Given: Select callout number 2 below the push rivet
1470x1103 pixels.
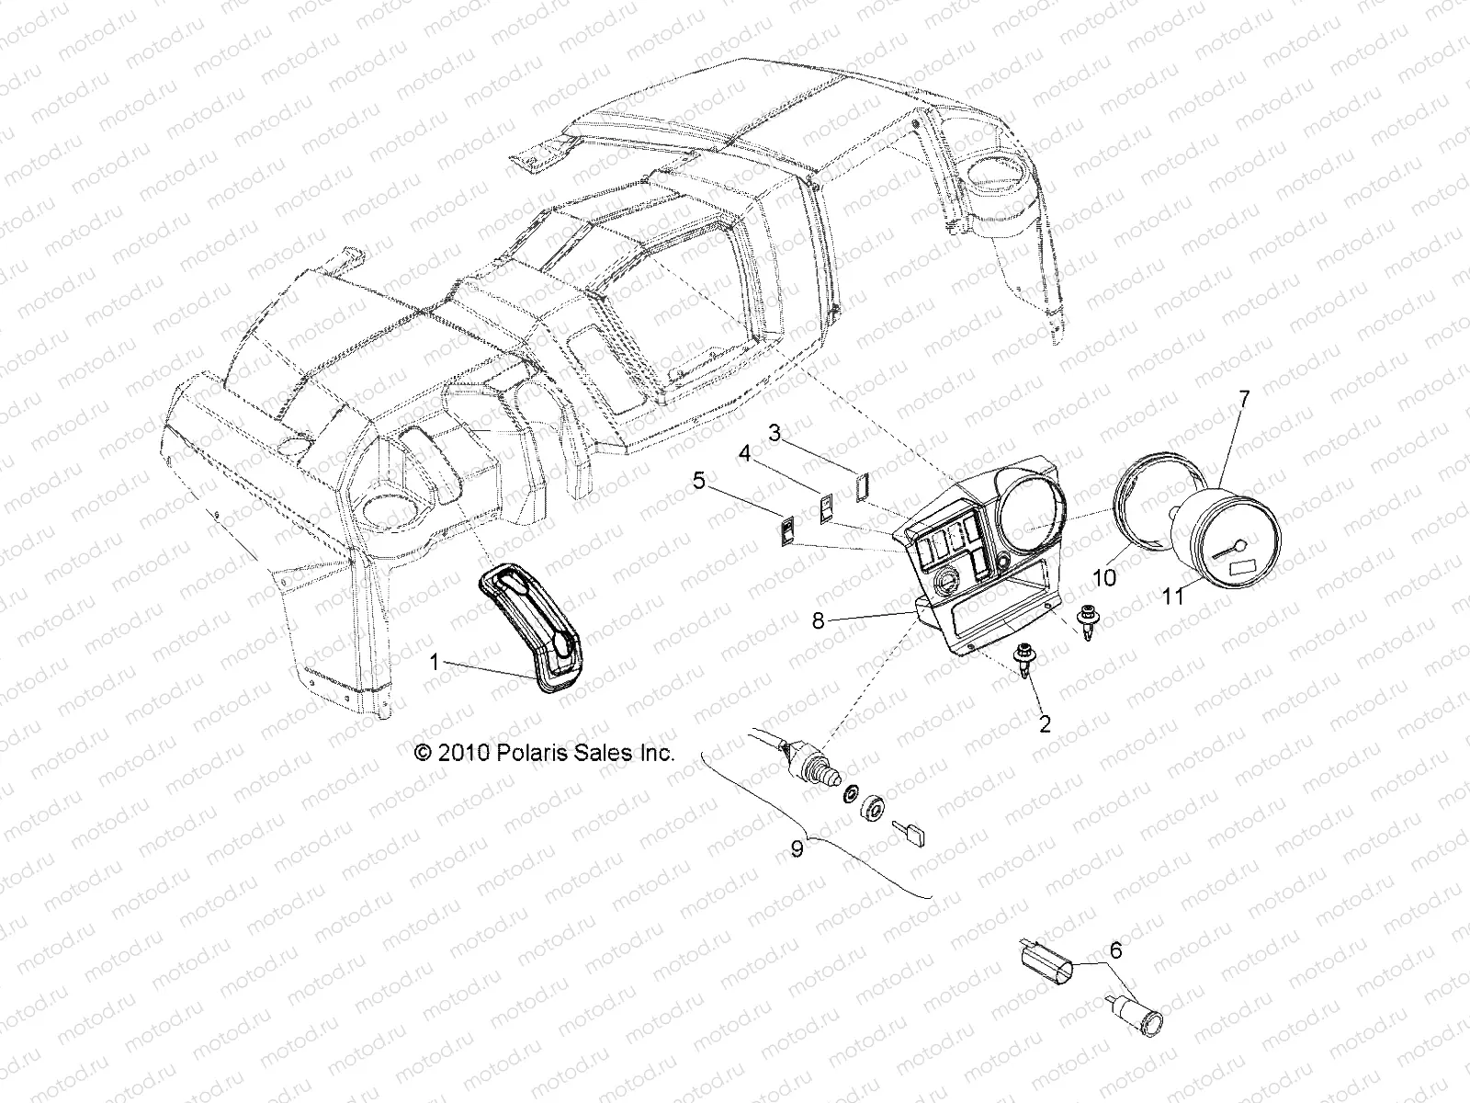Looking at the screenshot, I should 1045,724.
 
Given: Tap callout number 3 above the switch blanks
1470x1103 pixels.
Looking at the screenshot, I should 775,432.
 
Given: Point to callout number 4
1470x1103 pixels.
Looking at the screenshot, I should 745,453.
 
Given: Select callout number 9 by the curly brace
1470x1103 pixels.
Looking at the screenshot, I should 797,848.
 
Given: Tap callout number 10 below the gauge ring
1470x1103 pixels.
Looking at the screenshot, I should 1104,578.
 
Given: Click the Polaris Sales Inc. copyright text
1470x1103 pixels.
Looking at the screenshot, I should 545,753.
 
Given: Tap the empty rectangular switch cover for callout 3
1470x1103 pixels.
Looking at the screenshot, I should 862,485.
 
